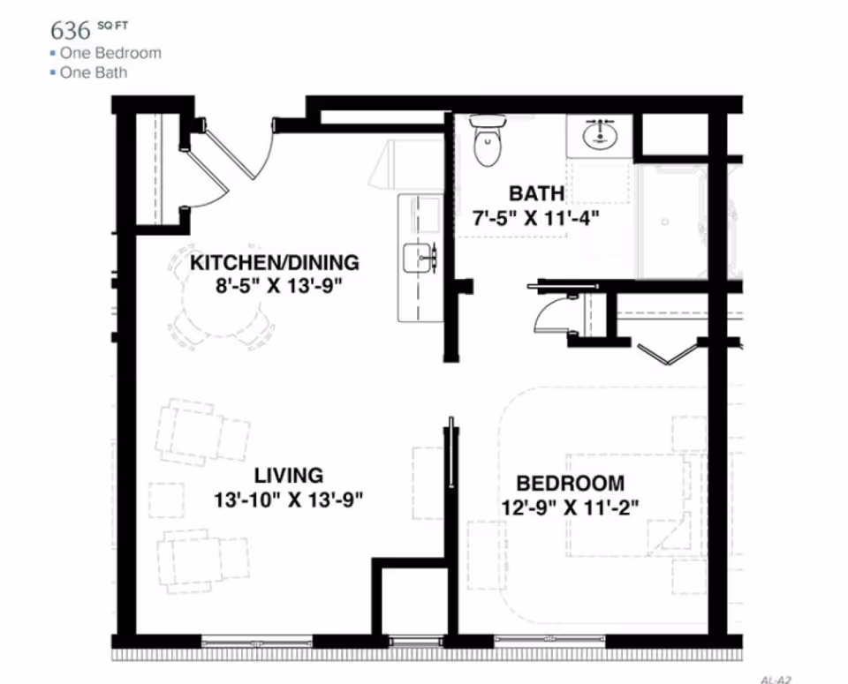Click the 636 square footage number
[x=71, y=30]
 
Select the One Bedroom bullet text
[x=110, y=53]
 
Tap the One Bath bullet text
[x=93, y=72]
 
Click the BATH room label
[x=536, y=193]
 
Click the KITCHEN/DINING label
[x=275, y=262]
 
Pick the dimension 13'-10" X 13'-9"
[x=289, y=500]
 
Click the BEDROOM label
[x=570, y=484]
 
